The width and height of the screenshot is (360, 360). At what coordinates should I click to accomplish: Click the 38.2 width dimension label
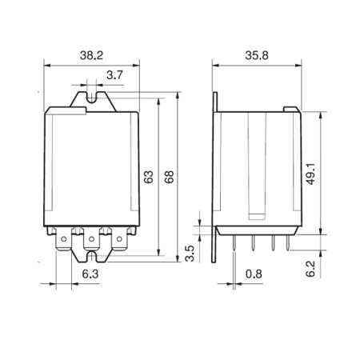[91, 56]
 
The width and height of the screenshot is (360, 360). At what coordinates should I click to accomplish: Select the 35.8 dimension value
[257, 56]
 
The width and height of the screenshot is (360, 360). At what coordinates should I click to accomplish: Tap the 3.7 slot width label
[114, 75]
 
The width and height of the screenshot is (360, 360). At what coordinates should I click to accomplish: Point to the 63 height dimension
[149, 177]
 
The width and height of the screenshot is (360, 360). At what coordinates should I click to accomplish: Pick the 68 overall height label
[169, 177]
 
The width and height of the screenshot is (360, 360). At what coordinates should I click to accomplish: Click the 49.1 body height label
[310, 174]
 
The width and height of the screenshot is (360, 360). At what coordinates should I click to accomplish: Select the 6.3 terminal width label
[90, 274]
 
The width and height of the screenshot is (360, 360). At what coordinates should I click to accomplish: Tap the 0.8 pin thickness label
[254, 274]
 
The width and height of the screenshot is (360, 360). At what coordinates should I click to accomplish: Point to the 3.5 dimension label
[190, 254]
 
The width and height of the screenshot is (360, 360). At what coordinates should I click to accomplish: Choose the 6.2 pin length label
[310, 269]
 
